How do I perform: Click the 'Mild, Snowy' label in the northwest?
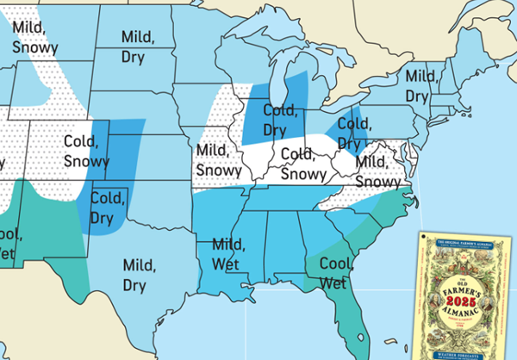click(35, 36)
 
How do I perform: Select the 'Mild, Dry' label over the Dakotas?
click(138, 47)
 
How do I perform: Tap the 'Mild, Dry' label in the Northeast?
click(422, 85)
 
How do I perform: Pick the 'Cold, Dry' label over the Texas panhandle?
click(109, 206)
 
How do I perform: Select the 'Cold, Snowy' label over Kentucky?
click(303, 164)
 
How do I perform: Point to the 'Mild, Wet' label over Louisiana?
click(226, 253)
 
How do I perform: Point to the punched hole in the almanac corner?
click(427, 239)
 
